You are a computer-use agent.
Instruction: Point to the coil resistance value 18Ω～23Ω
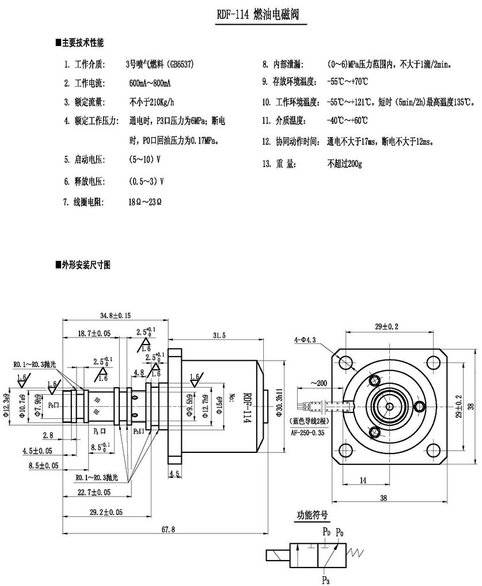coord(145,202)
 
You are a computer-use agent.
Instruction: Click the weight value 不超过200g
coord(344,164)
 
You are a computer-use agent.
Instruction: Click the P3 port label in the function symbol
coord(326,579)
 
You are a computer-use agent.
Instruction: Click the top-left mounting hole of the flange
coord(346,362)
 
